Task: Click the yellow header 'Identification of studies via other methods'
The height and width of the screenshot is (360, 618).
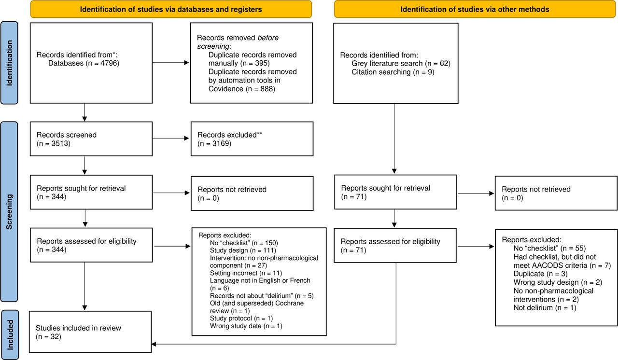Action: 475,9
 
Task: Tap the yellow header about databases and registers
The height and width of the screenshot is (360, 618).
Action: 171,9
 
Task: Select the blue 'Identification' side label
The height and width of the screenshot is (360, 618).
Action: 9,63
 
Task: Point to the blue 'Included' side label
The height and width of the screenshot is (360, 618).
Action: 10,334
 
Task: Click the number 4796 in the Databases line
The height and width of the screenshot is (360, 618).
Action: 109,63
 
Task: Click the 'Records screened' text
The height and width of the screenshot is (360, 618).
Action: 67,135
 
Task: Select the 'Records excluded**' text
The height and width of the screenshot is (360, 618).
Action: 230,135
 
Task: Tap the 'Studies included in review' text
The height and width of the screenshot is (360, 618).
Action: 78,328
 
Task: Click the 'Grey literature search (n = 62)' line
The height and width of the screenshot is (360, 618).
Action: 401,63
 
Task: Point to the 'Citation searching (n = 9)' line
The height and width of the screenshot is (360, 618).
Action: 393,72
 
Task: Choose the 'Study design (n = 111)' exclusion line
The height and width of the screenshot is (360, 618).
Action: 243,250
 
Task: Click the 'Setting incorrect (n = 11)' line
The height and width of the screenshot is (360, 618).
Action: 246,273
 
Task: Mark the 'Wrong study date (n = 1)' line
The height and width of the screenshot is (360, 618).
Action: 246,326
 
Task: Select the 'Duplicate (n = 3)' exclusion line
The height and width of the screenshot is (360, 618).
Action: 540,274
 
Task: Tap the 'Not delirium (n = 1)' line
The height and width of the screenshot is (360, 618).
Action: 545,307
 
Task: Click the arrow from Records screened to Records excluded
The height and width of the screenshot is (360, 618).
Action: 171,138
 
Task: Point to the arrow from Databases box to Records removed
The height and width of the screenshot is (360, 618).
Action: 171,63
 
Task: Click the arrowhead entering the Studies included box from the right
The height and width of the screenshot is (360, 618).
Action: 154,344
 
